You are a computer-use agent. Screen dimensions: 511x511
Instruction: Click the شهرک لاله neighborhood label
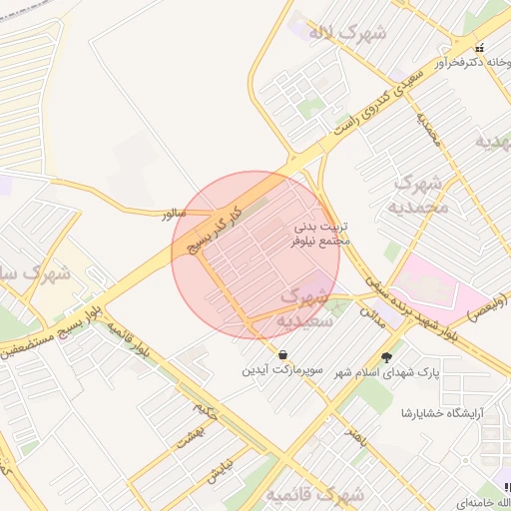coord(347,32)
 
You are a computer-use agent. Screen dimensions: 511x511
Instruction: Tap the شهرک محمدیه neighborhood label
coord(423,195)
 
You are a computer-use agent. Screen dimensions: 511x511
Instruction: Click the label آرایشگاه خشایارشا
coord(443,412)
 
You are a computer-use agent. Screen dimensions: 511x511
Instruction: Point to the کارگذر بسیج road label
coord(213,228)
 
